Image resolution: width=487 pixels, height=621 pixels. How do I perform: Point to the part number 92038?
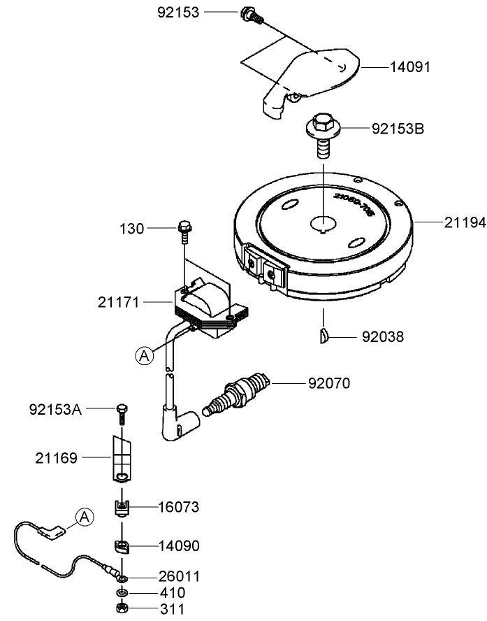pyautogui.click(x=383, y=336)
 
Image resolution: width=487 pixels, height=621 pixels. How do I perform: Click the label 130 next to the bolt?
pyautogui.click(x=131, y=229)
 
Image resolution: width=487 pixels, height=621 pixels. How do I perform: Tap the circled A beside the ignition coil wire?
pyautogui.click(x=144, y=356)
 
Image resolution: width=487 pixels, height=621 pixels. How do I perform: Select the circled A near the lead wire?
pyautogui.click(x=84, y=517)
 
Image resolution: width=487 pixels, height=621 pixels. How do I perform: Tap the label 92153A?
pyautogui.click(x=55, y=408)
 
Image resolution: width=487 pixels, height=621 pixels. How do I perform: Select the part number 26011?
pyautogui.click(x=180, y=577)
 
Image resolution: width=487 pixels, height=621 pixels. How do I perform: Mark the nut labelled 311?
pyautogui.click(x=122, y=608)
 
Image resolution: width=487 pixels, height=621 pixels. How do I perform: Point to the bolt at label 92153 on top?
pyautogui.click(x=249, y=14)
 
